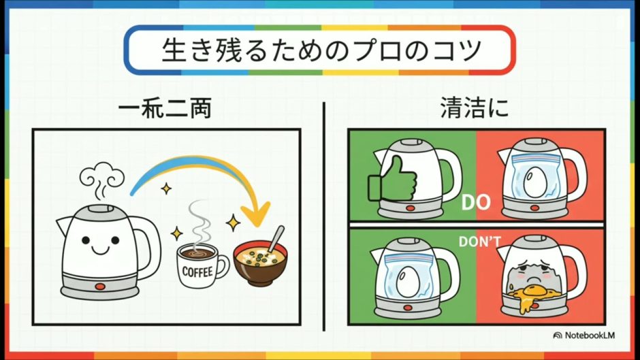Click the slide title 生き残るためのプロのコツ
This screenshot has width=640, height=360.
(321, 50)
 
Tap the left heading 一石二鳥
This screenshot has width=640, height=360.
(165, 110)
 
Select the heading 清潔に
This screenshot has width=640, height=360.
(475, 109)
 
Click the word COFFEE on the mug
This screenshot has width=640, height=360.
(197, 272)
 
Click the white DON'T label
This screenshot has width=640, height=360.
(479, 242)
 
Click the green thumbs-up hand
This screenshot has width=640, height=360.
(392, 180)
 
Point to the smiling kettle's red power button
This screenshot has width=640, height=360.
(100, 287)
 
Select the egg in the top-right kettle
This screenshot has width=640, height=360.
(532, 182)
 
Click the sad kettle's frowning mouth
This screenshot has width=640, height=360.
(530, 279)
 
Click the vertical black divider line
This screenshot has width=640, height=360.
(323, 216)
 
